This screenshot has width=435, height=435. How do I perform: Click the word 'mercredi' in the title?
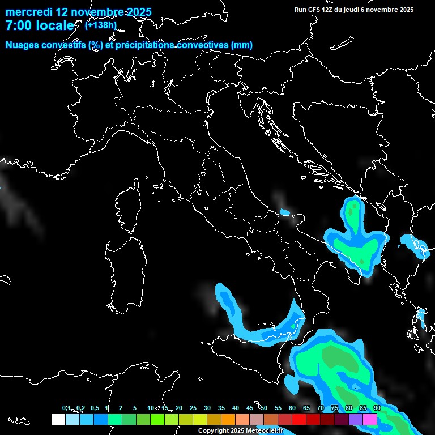click(28, 12)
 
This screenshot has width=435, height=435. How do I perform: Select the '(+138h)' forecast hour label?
click(101, 25)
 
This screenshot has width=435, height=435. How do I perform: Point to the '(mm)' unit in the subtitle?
click(242, 45)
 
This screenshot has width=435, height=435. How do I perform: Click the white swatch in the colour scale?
click(58, 419)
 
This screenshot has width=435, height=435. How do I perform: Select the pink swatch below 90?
click(370, 419)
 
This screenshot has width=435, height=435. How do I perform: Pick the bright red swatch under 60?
click(299, 419)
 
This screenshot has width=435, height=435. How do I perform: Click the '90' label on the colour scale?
click(377, 408)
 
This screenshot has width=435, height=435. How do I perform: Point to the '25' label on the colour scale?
click(193, 408)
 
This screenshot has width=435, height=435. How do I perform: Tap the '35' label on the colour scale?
click(221, 408)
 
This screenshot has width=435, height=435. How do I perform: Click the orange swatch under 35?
click(228, 419)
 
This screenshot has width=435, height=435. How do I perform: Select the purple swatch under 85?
click(356, 419)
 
